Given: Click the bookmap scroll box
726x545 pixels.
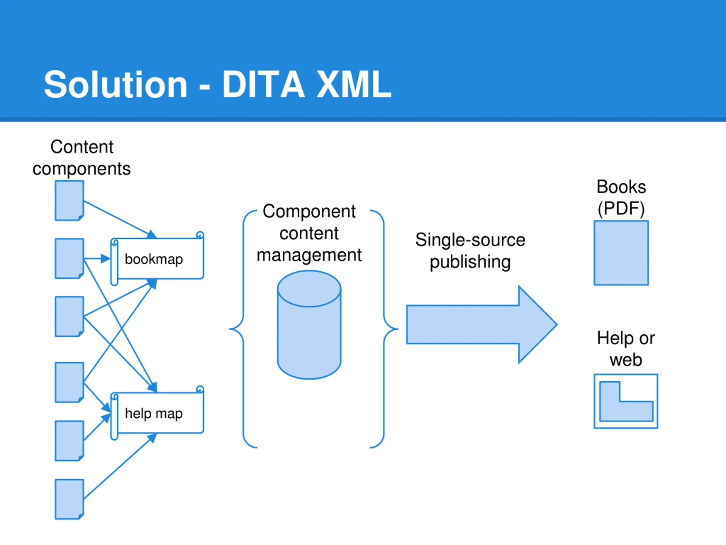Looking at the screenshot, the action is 157,258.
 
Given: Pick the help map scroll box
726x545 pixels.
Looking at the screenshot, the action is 157,413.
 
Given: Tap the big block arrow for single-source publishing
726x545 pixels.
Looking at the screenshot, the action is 482,324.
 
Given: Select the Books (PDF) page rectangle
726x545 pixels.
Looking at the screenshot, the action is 621,253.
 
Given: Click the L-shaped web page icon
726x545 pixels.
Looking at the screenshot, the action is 626,401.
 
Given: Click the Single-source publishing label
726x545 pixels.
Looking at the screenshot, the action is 470,251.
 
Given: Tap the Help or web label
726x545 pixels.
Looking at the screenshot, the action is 626,349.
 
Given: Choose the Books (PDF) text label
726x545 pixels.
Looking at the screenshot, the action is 621,198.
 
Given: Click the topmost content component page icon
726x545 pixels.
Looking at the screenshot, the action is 69,200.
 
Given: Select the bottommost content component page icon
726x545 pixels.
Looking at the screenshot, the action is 69,499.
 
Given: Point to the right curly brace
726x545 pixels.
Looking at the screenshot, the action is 384,328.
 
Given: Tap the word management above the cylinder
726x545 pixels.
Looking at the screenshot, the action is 309,255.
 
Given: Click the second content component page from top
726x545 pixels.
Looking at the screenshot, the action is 69,259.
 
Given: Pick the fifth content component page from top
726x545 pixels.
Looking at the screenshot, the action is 69,441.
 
